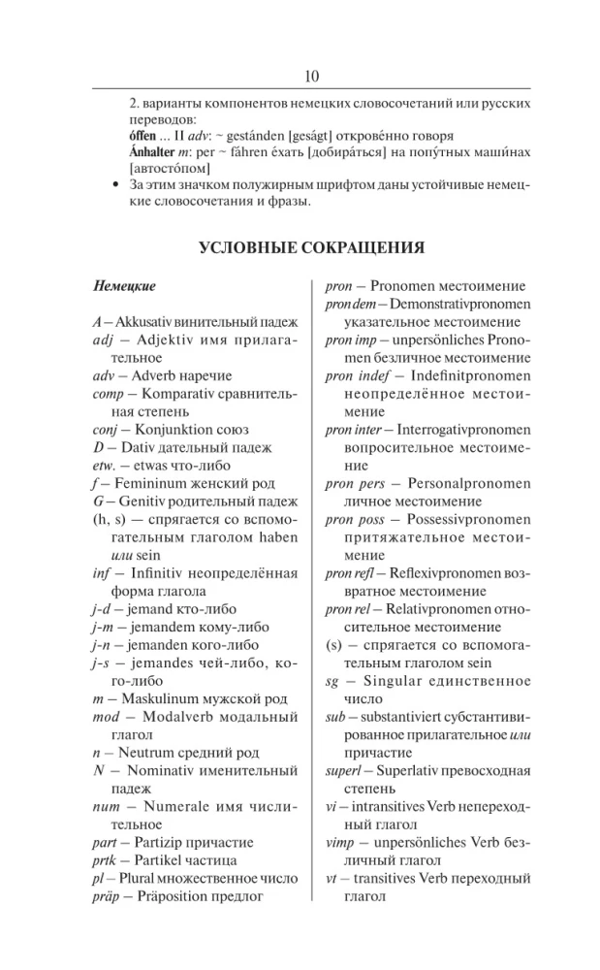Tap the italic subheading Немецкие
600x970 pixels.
(125, 287)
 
